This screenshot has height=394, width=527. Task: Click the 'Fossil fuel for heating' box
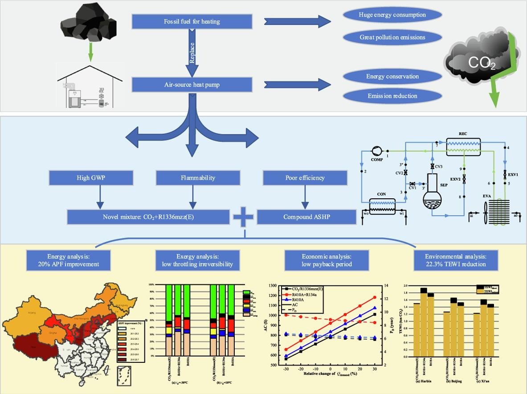192,21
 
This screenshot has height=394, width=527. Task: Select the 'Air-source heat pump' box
192,84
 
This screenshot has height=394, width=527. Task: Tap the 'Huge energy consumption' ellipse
392,15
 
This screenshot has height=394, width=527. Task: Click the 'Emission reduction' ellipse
392,96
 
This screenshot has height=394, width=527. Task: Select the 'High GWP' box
90,178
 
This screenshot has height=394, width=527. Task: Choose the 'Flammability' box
192,178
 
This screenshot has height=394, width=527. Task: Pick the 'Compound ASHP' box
306,217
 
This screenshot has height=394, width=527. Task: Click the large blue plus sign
243,218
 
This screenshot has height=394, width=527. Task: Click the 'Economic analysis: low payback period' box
327,260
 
